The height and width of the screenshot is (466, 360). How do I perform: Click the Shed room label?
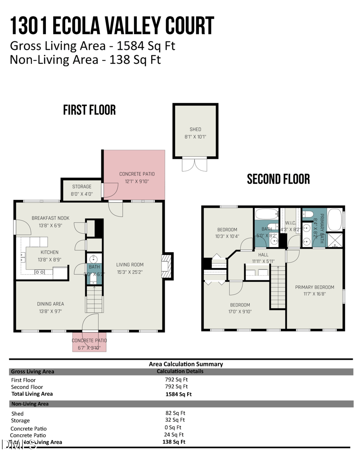point(195,129)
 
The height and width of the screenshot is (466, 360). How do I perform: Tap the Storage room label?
point(82,186)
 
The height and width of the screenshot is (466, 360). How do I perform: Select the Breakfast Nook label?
point(50,218)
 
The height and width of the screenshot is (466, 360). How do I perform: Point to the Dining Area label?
point(50,303)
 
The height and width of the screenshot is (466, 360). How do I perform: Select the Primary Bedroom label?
point(315,287)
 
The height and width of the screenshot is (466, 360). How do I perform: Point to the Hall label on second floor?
point(263,255)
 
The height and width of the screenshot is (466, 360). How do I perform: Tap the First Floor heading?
point(89,109)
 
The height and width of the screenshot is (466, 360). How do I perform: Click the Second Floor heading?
point(278,179)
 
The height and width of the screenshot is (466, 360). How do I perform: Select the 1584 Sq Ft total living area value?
point(179,394)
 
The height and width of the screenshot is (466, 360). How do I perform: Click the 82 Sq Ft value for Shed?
point(175,413)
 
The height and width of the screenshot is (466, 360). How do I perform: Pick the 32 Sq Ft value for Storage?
point(175,420)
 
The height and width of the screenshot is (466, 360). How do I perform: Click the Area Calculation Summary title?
point(185,364)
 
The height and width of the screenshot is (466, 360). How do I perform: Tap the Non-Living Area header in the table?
point(30,404)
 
